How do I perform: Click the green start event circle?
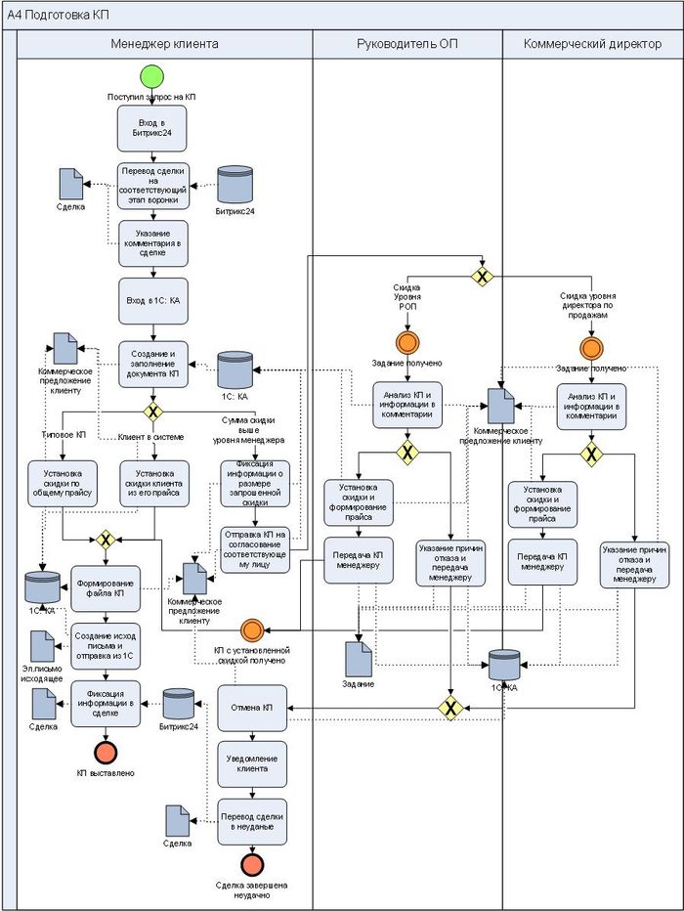point(150,77)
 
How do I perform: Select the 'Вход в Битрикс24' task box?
point(150,126)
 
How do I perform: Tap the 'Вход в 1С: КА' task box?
point(150,300)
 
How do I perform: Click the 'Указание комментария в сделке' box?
point(152,241)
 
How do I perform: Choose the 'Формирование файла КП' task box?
point(106,587)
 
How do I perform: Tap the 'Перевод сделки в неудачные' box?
point(252,821)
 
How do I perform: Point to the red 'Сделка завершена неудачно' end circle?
point(251,865)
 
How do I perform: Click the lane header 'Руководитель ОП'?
point(407,44)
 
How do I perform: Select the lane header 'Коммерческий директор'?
point(592,44)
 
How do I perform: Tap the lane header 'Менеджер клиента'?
point(165,44)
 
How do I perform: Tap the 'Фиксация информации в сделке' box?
point(106,704)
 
